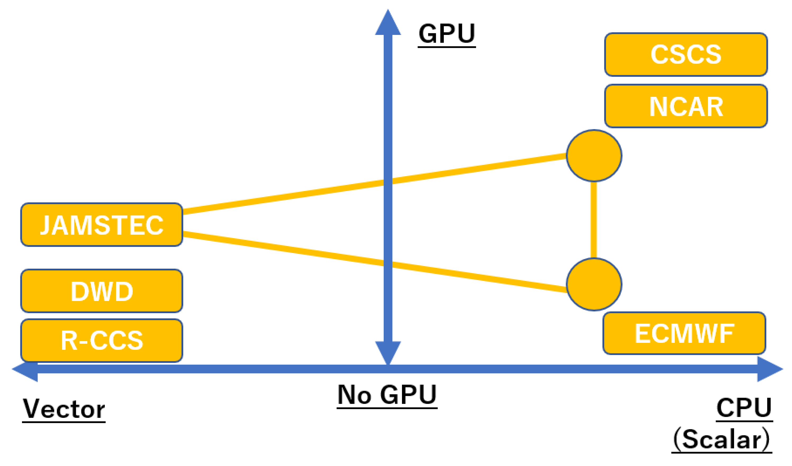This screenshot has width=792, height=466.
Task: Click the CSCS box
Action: (686, 54)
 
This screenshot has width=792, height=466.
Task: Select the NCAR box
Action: (686, 106)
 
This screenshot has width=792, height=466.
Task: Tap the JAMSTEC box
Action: (102, 225)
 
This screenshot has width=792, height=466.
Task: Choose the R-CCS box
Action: (102, 340)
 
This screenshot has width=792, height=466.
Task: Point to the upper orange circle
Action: (594, 156)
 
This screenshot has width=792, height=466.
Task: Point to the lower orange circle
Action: (594, 284)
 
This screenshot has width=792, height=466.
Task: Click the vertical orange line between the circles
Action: (594, 220)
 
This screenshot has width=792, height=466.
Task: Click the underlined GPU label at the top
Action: (447, 34)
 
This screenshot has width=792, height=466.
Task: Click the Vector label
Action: (64, 409)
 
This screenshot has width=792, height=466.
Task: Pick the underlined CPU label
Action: (744, 408)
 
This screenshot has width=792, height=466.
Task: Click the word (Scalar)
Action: (722, 440)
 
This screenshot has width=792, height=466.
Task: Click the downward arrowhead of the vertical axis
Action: (388, 352)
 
